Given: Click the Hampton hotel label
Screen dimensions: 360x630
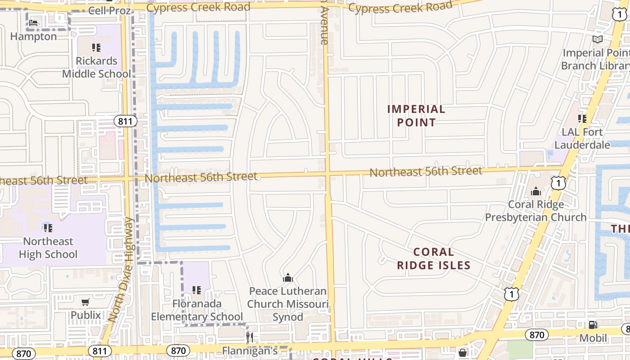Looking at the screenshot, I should point(33,36).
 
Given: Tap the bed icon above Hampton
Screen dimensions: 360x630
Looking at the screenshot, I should point(33,22).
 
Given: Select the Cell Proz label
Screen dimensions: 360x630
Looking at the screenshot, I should point(109,10).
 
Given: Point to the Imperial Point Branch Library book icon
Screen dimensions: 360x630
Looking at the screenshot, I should point(597,40).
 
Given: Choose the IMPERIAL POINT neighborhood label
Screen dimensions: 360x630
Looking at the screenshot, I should point(416,116).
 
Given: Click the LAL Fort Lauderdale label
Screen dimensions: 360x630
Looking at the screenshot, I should point(582,139).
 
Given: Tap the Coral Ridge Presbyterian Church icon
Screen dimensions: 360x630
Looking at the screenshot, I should point(535,192).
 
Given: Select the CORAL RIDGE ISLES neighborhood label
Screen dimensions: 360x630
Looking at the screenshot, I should point(434,259).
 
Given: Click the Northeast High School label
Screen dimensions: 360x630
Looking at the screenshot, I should point(48,248).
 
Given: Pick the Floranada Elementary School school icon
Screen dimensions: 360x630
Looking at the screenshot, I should point(196,290).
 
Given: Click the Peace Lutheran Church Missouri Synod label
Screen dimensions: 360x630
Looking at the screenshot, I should point(288,304).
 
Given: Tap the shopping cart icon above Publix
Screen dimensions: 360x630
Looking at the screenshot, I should point(85,302).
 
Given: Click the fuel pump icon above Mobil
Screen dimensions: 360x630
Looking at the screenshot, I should point(593,324).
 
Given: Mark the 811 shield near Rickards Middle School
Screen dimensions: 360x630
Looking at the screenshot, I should point(125,121).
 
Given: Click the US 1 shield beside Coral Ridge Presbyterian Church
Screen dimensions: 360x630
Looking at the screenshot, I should point(558,183).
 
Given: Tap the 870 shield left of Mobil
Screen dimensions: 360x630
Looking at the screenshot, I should point(536,335).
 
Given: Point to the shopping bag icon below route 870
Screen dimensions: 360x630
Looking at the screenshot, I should point(462,352).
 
